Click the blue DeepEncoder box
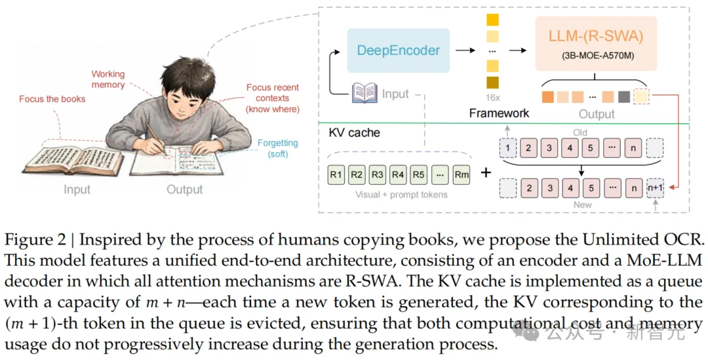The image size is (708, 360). click(399, 50)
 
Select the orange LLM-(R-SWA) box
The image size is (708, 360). click(596, 43)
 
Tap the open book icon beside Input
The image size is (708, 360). click(365, 93)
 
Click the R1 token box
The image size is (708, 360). click(336, 175)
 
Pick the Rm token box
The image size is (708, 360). click(462, 175)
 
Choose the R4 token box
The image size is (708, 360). click(398, 175)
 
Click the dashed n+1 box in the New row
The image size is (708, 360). click(655, 188)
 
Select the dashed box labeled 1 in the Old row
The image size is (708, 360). click(507, 148)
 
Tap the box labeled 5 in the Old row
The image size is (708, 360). click(590, 148)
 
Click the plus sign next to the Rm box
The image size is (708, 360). click(486, 172)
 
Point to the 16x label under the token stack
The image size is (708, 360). click(492, 98)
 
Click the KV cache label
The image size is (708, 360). click(355, 133)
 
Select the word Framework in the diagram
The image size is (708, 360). click(499, 113)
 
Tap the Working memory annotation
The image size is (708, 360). click(108, 79)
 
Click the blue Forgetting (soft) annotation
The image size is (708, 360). click(278, 148)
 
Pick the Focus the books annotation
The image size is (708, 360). click(52, 99)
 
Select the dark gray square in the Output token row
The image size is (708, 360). click(624, 96)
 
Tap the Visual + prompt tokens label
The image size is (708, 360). click(401, 195)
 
